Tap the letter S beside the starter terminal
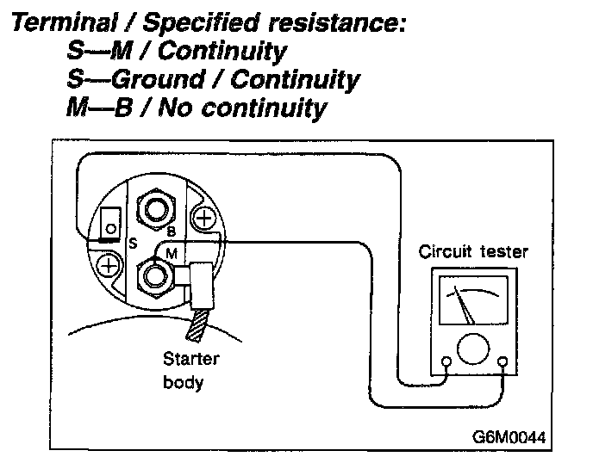pyautogui.click(x=133, y=244)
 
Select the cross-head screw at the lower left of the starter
pyautogui.click(x=109, y=265)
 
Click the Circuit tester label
pyautogui.click(x=473, y=252)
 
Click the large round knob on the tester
pyautogui.click(x=473, y=350)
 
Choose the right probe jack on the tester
pyautogui.click(x=502, y=362)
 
